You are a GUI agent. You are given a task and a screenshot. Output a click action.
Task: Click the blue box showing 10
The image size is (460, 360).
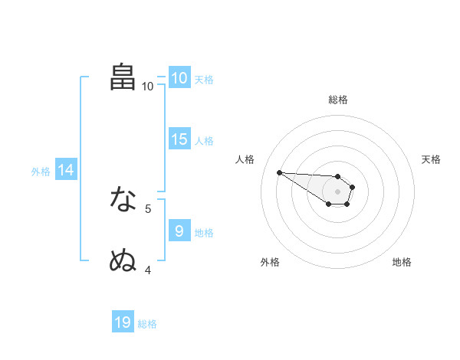click(x=179, y=78)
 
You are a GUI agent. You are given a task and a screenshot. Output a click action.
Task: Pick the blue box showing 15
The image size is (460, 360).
click(x=179, y=139)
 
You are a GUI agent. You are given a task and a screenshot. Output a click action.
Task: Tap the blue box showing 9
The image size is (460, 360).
click(x=179, y=231)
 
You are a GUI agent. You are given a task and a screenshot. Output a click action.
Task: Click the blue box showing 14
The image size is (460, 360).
click(x=66, y=170)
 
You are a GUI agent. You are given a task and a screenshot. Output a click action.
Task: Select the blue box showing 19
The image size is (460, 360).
click(x=123, y=322)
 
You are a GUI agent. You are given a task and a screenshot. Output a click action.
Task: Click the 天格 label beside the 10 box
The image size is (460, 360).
click(x=204, y=79)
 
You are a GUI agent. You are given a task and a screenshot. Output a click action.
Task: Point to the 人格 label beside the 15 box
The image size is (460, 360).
click(x=204, y=140)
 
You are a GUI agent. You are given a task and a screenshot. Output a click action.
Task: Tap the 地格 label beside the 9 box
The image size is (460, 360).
click(x=204, y=232)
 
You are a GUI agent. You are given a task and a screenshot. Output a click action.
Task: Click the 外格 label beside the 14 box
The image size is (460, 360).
click(x=41, y=172)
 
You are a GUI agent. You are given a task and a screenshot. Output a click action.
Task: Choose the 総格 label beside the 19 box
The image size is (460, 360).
click(x=147, y=323)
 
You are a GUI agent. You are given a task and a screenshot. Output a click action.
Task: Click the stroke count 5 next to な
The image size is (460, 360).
click(x=148, y=208)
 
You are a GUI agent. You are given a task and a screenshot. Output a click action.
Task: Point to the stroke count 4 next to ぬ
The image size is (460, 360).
click(x=148, y=270)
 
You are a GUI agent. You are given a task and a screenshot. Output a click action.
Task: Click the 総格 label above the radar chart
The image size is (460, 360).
click(x=337, y=99)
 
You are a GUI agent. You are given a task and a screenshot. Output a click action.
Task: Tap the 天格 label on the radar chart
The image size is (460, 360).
click(x=431, y=159)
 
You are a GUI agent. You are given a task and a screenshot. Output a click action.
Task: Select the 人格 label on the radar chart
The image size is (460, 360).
click(x=245, y=159)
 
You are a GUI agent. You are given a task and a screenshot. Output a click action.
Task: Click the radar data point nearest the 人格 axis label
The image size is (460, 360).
click(x=279, y=172)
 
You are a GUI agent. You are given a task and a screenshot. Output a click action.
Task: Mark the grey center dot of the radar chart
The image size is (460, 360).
click(x=337, y=191)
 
